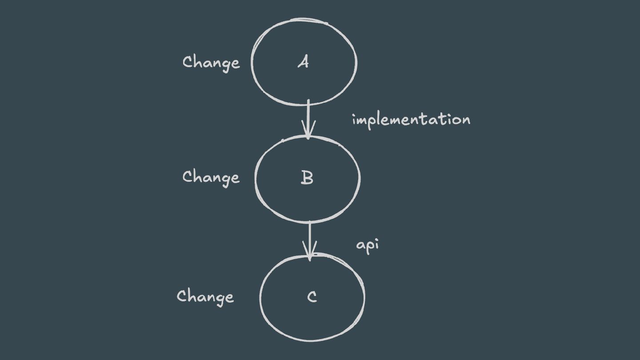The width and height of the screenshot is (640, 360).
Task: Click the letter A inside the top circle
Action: pos(303,63)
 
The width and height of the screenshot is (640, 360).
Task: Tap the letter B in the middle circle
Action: pos(307,178)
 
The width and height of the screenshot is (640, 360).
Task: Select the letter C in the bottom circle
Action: pos(312,296)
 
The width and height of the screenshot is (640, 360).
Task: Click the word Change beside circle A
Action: pos(211,63)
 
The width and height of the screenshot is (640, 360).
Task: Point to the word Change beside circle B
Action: pos(211,177)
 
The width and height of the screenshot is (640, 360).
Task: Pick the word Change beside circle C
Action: pos(205,296)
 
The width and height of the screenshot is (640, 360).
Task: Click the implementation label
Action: pos(411,120)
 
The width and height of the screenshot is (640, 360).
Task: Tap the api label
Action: pos(368,246)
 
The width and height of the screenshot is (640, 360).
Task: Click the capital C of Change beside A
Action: pos(188,62)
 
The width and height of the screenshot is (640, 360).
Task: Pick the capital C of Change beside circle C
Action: pos(182,296)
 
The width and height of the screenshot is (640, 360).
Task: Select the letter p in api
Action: pos(368,247)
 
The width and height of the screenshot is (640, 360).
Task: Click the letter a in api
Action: pos(360,246)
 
